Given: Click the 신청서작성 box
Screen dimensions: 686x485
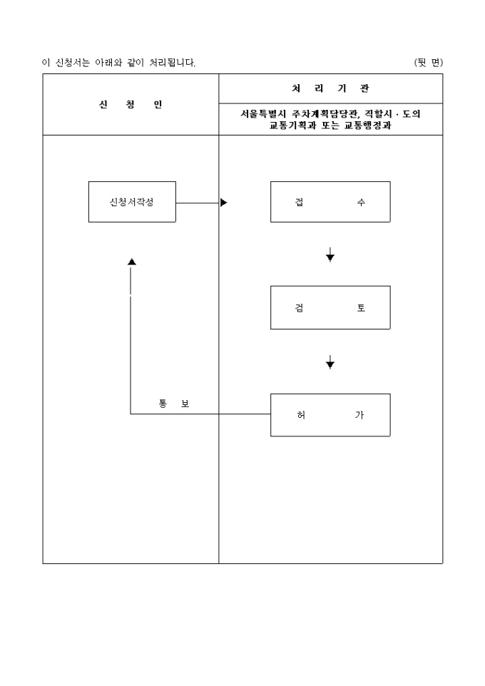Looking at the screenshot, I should pos(132,202).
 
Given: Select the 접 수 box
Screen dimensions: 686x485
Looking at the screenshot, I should pos(330,202).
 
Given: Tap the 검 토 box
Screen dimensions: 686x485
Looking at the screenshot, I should pos(330,307).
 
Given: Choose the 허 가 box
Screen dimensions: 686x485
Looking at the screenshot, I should pos(330,415).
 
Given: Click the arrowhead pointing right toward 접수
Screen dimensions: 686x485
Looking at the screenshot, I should pos(223,203).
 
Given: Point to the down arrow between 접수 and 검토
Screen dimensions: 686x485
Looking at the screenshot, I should pos(330,256).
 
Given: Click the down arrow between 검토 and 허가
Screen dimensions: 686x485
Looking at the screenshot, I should pos(330,364).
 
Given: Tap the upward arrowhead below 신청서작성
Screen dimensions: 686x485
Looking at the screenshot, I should pos(131,262).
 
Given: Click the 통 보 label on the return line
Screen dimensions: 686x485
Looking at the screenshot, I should pos(174,404).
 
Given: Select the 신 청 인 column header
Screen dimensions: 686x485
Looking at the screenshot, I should pos(131,105).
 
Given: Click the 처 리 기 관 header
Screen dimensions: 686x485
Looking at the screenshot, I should pos(330,88).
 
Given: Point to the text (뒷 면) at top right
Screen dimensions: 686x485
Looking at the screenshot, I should pos(428,63).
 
